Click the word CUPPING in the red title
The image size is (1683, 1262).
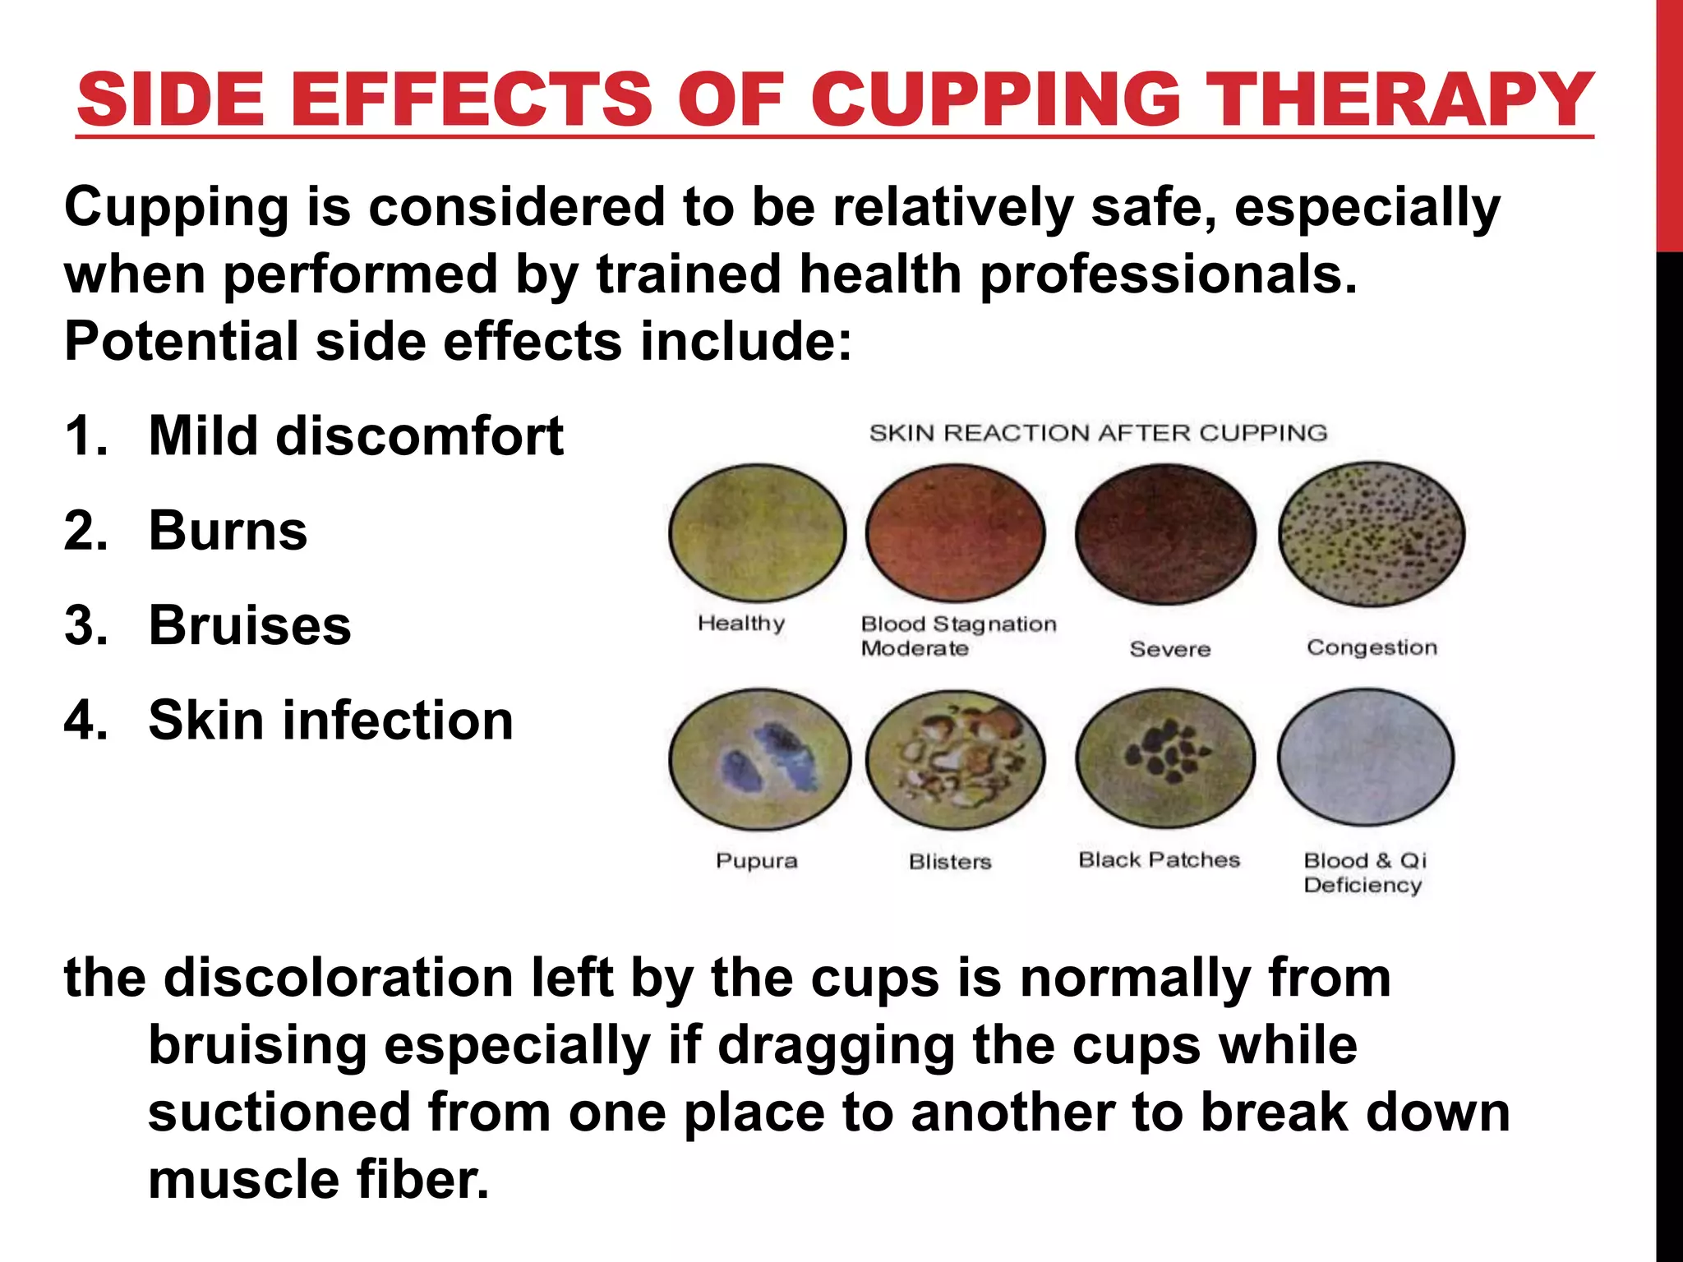pyautogui.click(x=998, y=99)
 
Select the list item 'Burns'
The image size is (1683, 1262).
pyautogui.click(x=228, y=531)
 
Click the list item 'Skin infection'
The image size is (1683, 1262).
pyautogui.click(x=330, y=721)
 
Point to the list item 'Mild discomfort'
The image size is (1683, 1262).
pyautogui.click(x=355, y=435)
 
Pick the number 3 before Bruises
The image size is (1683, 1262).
pyautogui.click(x=85, y=625)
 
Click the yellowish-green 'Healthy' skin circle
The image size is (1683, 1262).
pyautogui.click(x=757, y=533)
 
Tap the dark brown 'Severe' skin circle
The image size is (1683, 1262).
pyautogui.click(x=1165, y=533)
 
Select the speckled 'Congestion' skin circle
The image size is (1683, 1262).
pyautogui.click(x=1372, y=533)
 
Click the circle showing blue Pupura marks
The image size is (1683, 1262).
pyautogui.click(x=759, y=759)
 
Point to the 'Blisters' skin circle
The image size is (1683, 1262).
pyautogui.click(x=955, y=759)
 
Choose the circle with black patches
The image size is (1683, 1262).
pyautogui.click(x=1165, y=758)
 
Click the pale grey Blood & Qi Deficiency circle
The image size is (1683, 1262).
pyautogui.click(x=1366, y=757)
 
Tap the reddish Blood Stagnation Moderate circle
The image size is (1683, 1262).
pyautogui.click(x=956, y=533)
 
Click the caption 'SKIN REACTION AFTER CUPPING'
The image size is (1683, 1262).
pyautogui.click(x=1098, y=433)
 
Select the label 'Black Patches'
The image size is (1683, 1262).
pyautogui.click(x=1159, y=860)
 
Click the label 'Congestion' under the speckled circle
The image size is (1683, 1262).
pyautogui.click(x=1372, y=647)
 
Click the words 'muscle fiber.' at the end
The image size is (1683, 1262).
pyautogui.click(x=318, y=1180)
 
